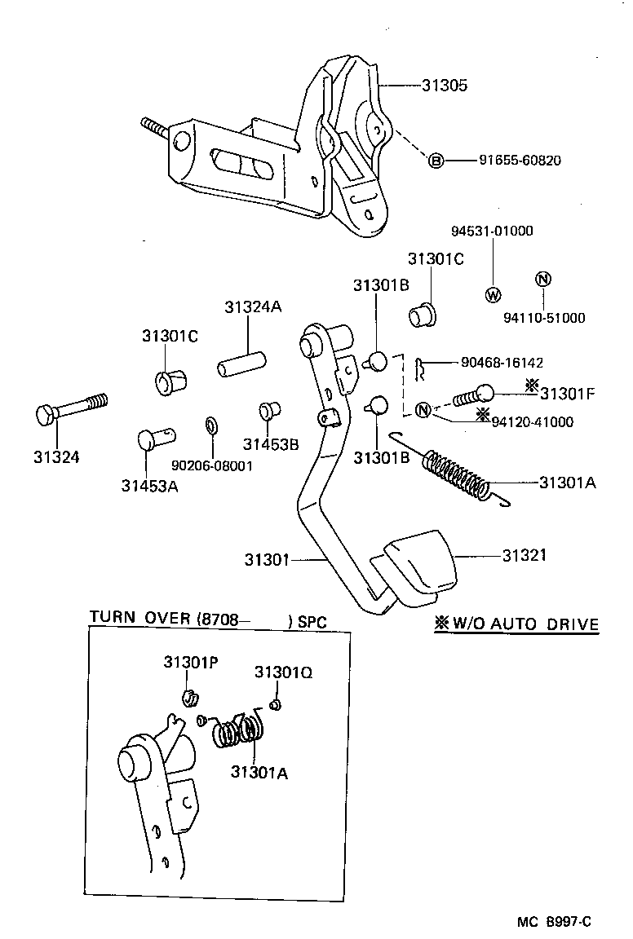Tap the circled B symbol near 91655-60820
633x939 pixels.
(436, 161)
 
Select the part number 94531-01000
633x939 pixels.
(492, 231)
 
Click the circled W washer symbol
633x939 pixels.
(493, 294)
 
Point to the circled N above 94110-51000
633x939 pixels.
(543, 280)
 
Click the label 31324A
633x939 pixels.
(252, 306)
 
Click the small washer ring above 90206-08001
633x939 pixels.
(211, 425)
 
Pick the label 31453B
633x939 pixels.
(271, 443)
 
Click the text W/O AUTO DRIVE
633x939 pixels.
(525, 624)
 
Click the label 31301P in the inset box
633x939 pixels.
(190, 662)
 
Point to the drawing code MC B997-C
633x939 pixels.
(553, 922)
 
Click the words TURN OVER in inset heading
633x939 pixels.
(139, 619)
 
